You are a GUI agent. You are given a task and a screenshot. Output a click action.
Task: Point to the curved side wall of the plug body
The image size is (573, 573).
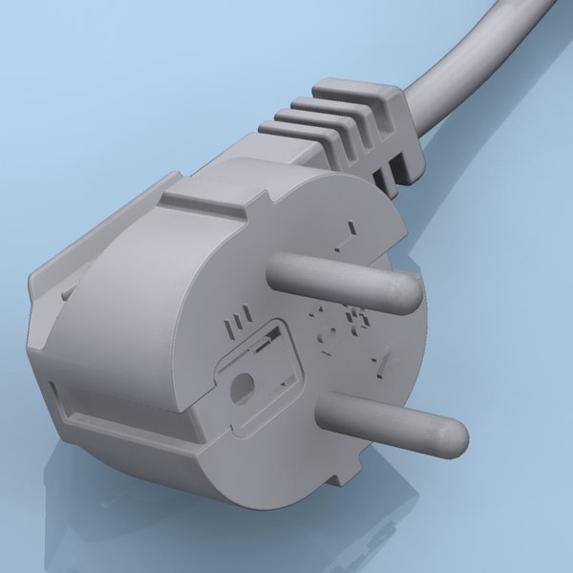coord(115,334)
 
